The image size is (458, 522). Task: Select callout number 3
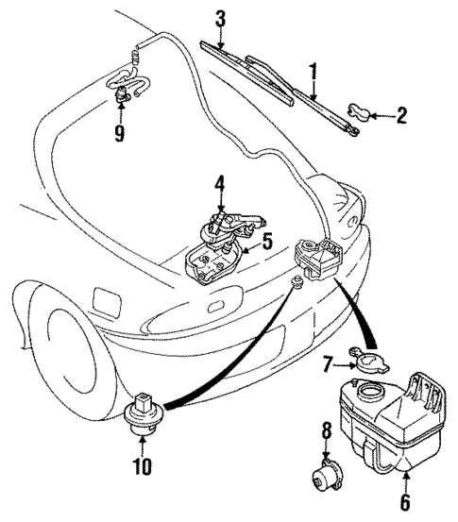219,18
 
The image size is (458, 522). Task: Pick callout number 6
405,503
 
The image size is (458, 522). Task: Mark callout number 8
326,433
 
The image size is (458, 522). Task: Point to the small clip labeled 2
359,113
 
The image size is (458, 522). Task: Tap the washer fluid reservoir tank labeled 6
387,420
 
